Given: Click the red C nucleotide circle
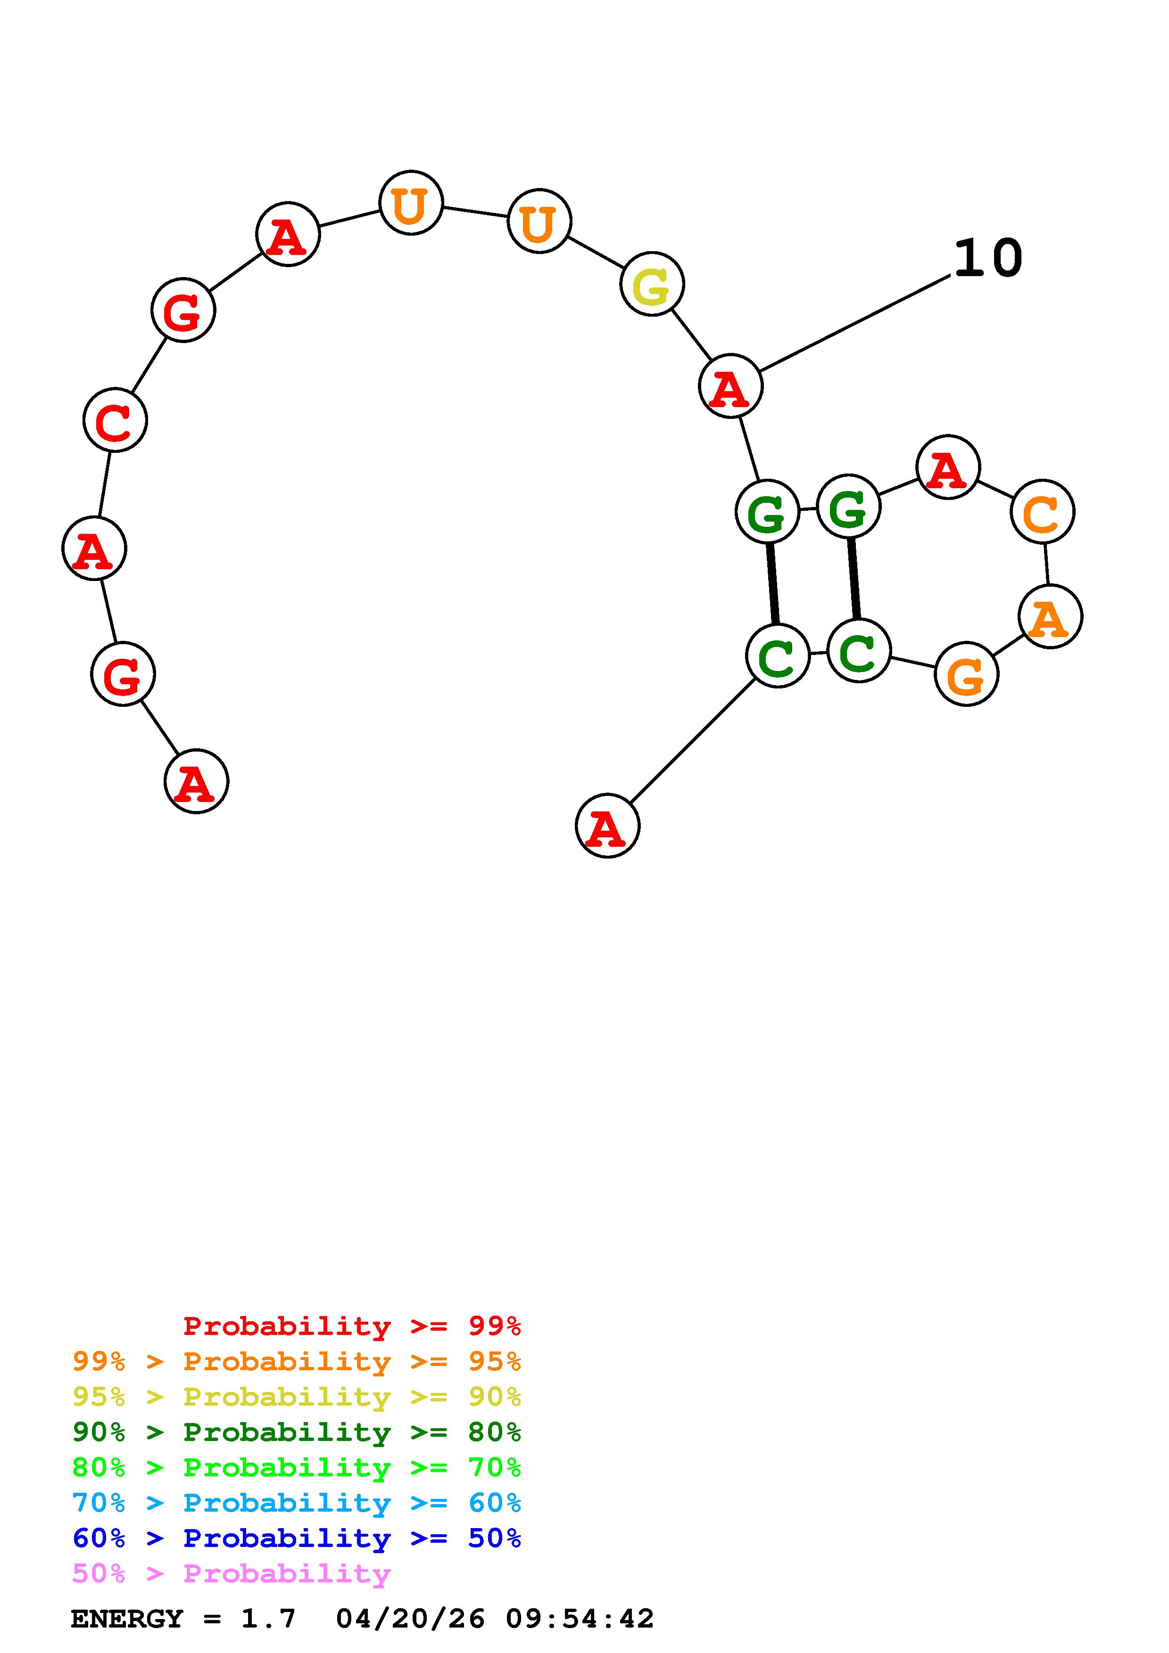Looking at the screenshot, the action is click(x=115, y=420).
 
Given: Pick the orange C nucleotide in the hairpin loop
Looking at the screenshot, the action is click(x=1042, y=511).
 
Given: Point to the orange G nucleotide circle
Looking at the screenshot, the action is click(x=966, y=675).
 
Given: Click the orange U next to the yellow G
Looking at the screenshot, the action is click(x=539, y=221).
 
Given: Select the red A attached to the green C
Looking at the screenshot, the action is click(x=607, y=826).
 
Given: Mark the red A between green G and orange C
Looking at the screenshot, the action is click(x=948, y=467).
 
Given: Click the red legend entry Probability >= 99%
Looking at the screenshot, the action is click(x=352, y=1326).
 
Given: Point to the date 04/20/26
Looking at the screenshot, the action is click(x=411, y=1619).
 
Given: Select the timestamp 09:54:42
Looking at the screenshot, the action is click(x=580, y=1619).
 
